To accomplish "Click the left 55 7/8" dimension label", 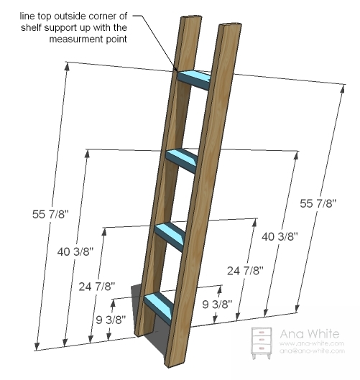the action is (x=51, y=214).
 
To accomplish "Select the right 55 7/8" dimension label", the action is (x=318, y=203).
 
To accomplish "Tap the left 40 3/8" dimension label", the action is (x=75, y=252).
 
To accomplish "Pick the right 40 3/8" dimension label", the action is (x=280, y=236).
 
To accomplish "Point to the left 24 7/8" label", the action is (x=97, y=287).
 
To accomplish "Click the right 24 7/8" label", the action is (x=245, y=271).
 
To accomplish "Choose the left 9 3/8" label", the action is (x=111, y=320).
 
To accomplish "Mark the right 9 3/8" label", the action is (x=217, y=304).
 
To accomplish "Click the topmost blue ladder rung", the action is (x=194, y=80).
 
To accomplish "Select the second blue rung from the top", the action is (x=182, y=160).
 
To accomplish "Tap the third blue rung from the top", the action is (x=170, y=237).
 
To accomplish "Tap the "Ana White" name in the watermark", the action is (x=309, y=334).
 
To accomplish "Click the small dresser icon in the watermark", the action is (x=262, y=343).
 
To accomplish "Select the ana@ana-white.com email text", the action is (x=312, y=351).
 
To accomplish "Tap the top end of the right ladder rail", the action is (x=231, y=26).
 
